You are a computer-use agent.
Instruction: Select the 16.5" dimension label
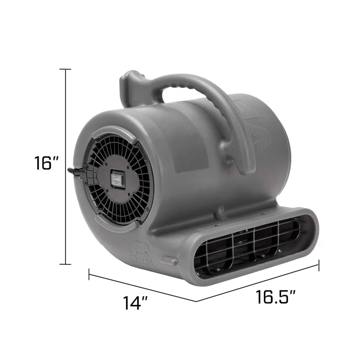(x=276, y=297)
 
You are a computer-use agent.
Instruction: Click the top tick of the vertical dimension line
(x=65, y=69)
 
